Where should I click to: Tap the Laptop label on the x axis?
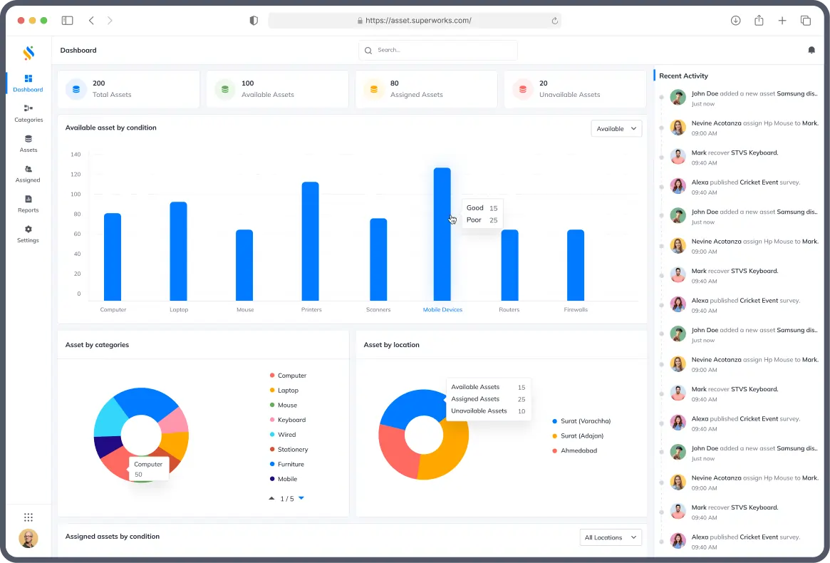179,310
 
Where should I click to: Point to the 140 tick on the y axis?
76,154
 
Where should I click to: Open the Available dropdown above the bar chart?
616,128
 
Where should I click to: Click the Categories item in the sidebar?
28,113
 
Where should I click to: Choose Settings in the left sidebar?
28,234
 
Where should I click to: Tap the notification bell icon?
811,50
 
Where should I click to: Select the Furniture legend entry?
291,464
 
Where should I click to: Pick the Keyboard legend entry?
291,420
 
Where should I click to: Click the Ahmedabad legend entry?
579,450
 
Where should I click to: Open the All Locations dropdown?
611,537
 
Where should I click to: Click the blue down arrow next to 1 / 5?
301,498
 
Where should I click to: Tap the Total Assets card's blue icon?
76,89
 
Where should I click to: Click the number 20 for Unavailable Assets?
544,83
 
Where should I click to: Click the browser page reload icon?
554,21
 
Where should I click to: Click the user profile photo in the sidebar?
28,539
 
